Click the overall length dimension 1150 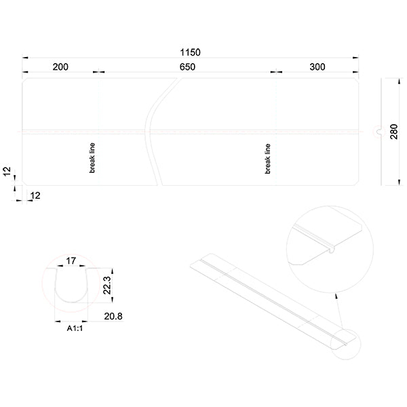[191, 52]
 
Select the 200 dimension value [60, 66]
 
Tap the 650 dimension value [187, 66]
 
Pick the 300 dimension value [317, 66]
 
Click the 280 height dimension [394, 131]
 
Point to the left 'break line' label [93, 157]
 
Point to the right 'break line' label [268, 158]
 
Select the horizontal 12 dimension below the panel [35, 195]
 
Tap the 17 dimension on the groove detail [71, 260]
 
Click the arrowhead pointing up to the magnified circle [336, 296]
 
